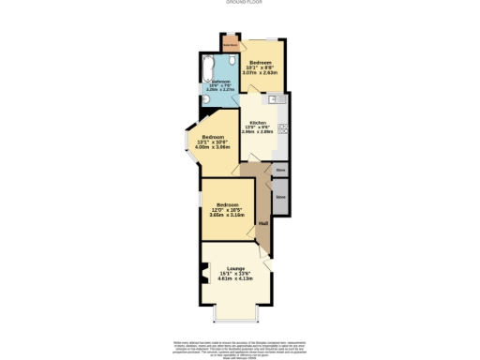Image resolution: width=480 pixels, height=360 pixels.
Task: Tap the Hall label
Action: point(263,222)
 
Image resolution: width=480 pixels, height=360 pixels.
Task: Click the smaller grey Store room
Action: point(280,170)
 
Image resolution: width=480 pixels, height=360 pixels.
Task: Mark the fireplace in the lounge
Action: point(206,276)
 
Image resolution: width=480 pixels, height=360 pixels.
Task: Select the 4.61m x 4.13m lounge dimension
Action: point(237,279)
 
